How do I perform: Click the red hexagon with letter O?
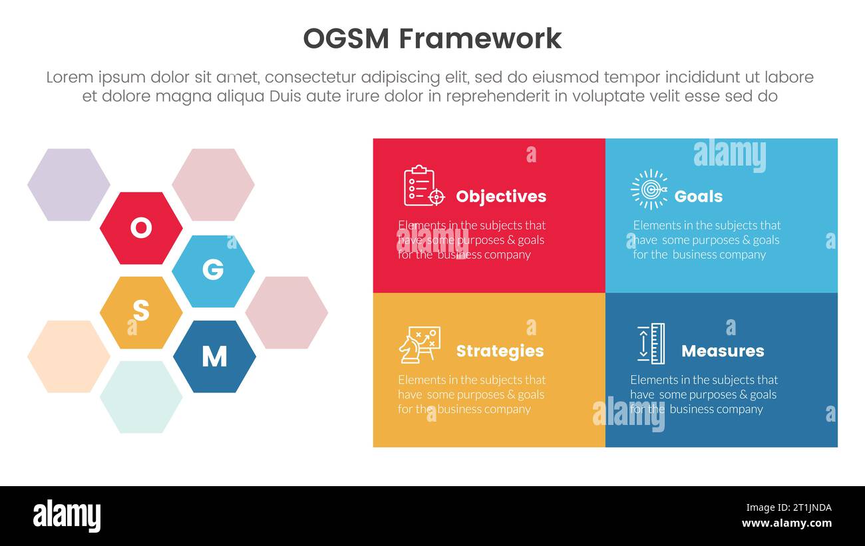(x=141, y=228)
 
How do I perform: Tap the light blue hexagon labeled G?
(x=213, y=271)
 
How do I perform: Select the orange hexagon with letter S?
(x=141, y=312)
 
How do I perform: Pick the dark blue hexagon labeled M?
(x=214, y=356)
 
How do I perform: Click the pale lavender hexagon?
(x=69, y=185)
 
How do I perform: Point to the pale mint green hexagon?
(x=141, y=397)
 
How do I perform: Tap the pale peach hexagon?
(x=69, y=356)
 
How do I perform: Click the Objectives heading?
(x=500, y=196)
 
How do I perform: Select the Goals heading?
(x=698, y=196)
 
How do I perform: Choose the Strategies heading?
(x=500, y=350)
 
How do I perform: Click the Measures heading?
(x=723, y=350)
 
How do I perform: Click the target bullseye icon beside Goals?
(x=649, y=190)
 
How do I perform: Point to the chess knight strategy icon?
(x=419, y=344)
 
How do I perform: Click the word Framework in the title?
(x=480, y=39)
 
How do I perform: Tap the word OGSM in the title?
(x=345, y=39)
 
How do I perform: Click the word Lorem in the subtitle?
(x=70, y=77)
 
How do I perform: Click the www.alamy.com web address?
(x=786, y=523)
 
